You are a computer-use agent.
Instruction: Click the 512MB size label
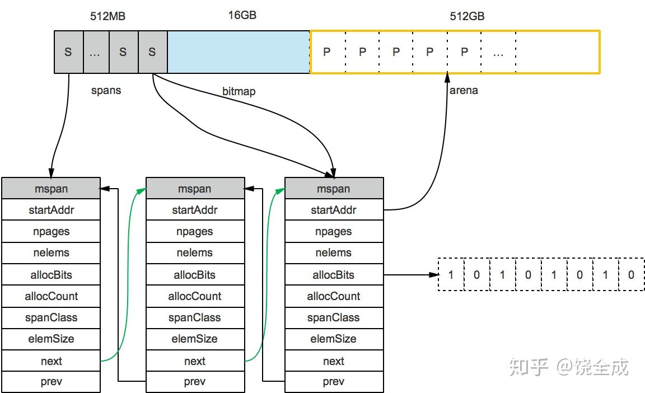107,16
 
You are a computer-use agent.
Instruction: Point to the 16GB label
242,15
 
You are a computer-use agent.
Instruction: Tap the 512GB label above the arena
467,16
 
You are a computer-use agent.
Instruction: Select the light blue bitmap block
239,52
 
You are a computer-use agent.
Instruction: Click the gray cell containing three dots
95,52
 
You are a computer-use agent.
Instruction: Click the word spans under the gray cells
106,90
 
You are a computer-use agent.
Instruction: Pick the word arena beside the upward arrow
464,90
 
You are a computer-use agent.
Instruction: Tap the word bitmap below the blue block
239,91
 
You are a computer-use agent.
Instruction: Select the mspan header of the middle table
195,189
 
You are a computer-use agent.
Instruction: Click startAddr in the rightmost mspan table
334,210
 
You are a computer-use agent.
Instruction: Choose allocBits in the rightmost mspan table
334,275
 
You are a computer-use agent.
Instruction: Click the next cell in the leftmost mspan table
51,361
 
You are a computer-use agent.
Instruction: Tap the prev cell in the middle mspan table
195,382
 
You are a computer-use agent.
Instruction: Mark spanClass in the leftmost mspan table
51,317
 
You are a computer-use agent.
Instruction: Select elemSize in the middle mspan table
195,339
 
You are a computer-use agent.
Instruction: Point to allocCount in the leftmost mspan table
51,296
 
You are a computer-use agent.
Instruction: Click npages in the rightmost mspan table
334,231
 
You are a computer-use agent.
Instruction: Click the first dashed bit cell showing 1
451,275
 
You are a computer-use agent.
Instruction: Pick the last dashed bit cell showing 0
631,275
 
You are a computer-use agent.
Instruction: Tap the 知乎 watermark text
528,368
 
